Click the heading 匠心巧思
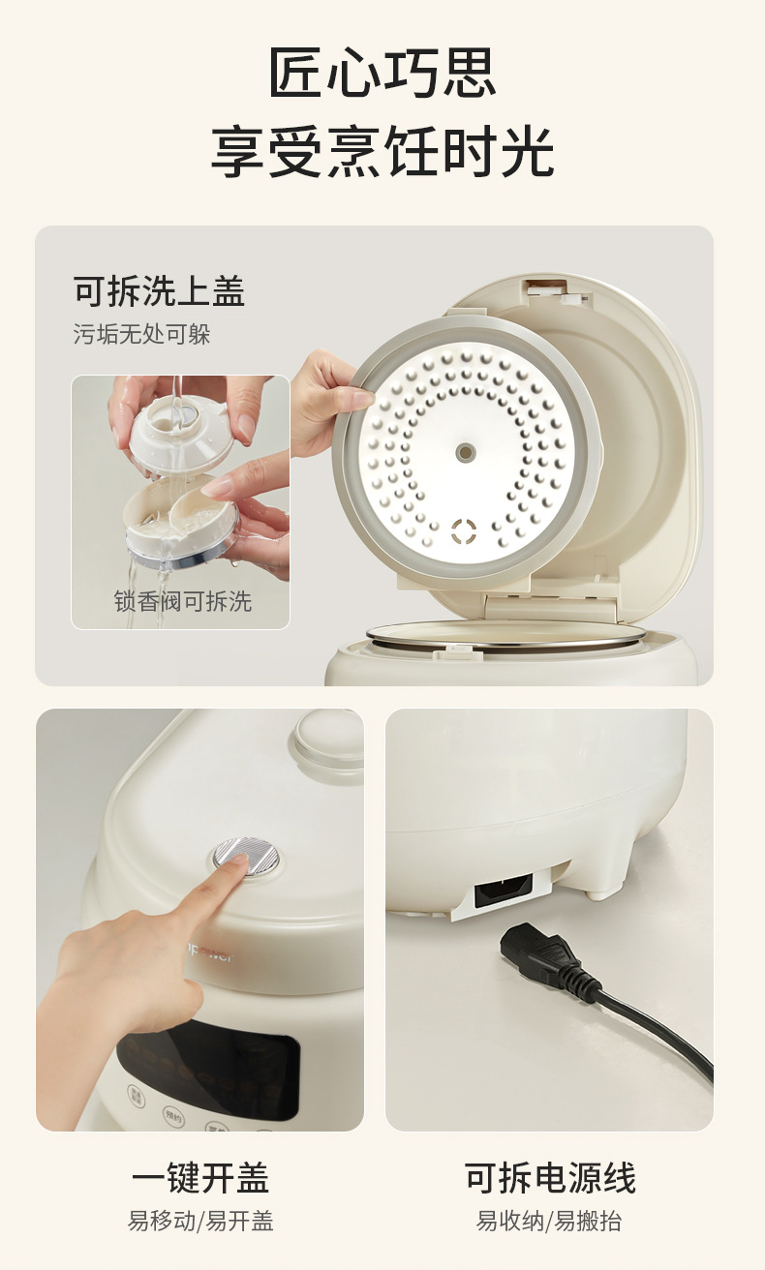click(382, 72)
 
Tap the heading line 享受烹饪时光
click(382, 152)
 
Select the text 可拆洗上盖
click(159, 291)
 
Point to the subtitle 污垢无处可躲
click(141, 334)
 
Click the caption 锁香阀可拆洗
click(183, 601)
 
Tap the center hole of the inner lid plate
click(466, 452)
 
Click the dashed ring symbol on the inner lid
click(464, 531)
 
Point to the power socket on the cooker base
click(503, 890)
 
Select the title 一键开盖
click(200, 1178)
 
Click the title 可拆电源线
click(549, 1178)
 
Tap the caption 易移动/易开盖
click(200, 1221)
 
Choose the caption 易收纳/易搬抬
click(549, 1221)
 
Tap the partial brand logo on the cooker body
click(210, 956)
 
